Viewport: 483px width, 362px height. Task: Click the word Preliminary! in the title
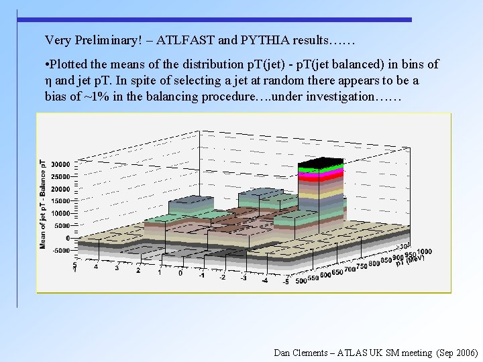pyautogui.click(x=107, y=40)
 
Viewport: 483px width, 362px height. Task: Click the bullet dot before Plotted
pyautogui.click(x=47, y=65)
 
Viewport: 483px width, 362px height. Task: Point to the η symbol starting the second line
pyautogui.click(x=48, y=80)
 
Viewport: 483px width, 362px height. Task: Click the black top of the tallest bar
pyautogui.click(x=321, y=163)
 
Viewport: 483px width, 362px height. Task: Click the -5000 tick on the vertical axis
pyautogui.click(x=60, y=250)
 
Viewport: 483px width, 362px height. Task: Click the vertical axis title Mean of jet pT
pyautogui.click(x=44, y=204)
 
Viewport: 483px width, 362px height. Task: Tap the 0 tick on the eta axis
pyautogui.click(x=180, y=274)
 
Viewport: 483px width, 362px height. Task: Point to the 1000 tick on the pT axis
pyautogui.click(x=423, y=251)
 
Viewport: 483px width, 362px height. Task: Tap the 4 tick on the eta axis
pyautogui.click(x=95, y=267)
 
